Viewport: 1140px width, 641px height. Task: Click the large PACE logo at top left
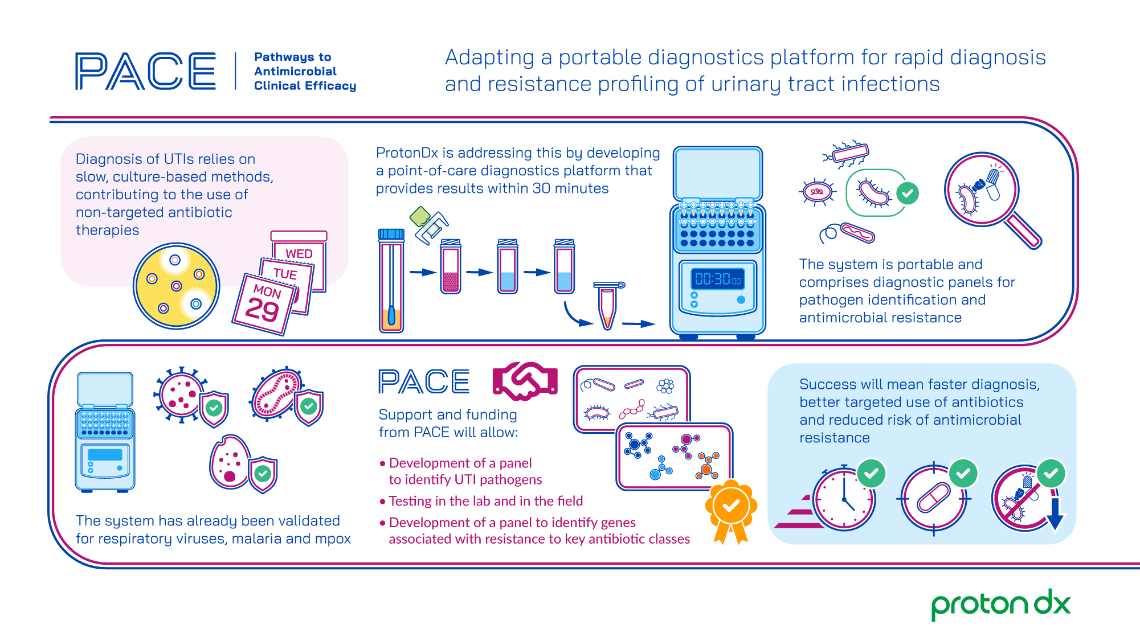coord(145,71)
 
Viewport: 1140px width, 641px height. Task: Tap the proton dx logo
coord(1001,605)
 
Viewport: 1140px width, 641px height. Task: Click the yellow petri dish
coord(177,286)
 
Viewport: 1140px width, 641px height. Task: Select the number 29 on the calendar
coord(262,310)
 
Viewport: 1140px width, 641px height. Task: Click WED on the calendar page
coord(299,253)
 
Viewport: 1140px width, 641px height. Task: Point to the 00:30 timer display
coord(718,279)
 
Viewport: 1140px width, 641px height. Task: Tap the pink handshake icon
coord(525,381)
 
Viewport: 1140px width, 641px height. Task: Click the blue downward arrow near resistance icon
coord(1055,514)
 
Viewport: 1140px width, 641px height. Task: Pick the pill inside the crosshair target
coord(933,497)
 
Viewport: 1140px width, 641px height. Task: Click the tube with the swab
coord(391,281)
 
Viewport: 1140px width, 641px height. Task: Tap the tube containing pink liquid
coord(451,266)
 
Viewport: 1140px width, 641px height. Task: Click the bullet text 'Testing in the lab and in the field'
coord(486,501)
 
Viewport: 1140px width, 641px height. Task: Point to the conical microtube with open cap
coord(607,306)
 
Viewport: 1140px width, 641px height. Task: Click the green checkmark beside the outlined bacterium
coord(908,194)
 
